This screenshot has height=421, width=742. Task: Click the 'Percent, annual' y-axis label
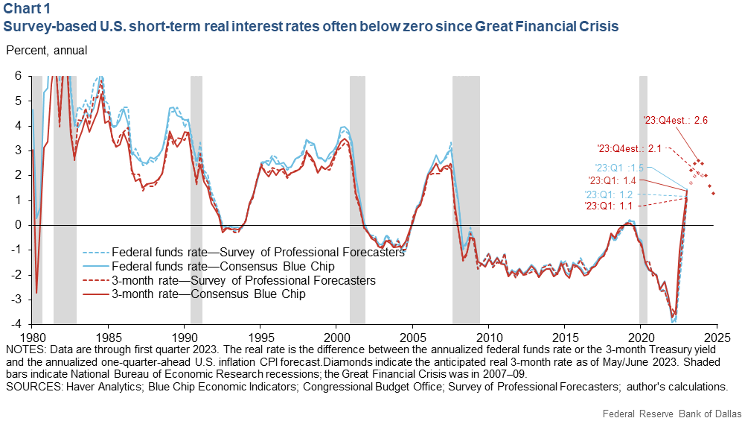46,51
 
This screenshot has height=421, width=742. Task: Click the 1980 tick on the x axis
32,335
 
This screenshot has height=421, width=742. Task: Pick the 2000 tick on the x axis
336,335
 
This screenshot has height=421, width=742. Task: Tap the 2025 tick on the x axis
716,335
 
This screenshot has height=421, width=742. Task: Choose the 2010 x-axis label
488,335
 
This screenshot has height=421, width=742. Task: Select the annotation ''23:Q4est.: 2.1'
630,148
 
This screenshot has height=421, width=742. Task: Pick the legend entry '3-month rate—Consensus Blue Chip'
217,294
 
